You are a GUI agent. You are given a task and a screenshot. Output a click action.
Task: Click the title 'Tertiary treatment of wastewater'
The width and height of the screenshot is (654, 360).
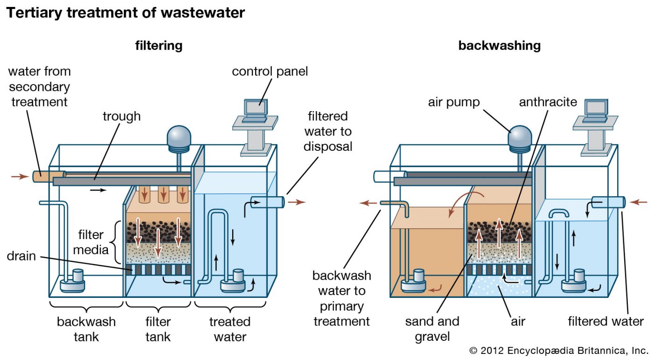click(x=125, y=13)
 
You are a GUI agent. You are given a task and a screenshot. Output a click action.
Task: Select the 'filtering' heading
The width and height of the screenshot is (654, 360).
click(x=159, y=45)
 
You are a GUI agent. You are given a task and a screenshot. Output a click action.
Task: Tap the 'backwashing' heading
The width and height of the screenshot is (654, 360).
click(x=499, y=45)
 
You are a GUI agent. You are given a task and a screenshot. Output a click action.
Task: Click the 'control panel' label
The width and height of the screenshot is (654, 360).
click(x=270, y=71)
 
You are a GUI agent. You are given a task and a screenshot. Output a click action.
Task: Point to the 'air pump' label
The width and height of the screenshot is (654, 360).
click(x=454, y=102)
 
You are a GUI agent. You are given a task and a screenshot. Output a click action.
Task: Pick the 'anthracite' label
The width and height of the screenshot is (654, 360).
click(x=548, y=102)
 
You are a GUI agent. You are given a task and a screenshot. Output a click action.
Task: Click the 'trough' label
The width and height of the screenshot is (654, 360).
click(x=121, y=116)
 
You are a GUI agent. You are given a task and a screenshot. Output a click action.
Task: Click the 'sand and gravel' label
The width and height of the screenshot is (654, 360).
click(x=432, y=329)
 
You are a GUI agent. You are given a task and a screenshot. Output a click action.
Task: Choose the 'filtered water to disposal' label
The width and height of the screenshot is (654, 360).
click(x=328, y=131)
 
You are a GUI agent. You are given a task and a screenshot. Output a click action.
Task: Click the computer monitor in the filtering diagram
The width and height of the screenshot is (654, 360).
click(x=255, y=108)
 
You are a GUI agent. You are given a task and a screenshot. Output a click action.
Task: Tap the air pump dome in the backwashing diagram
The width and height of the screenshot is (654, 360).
click(x=519, y=135)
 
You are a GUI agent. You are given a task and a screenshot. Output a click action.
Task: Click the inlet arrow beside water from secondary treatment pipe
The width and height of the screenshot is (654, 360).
click(x=19, y=176)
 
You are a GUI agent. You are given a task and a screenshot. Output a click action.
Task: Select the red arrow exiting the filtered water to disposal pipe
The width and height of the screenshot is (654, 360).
click(x=297, y=202)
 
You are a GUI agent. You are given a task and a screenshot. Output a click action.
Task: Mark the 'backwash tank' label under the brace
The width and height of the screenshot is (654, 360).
click(x=86, y=329)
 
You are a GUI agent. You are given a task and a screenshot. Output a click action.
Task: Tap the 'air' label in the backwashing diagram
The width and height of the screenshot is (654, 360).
click(x=518, y=321)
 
